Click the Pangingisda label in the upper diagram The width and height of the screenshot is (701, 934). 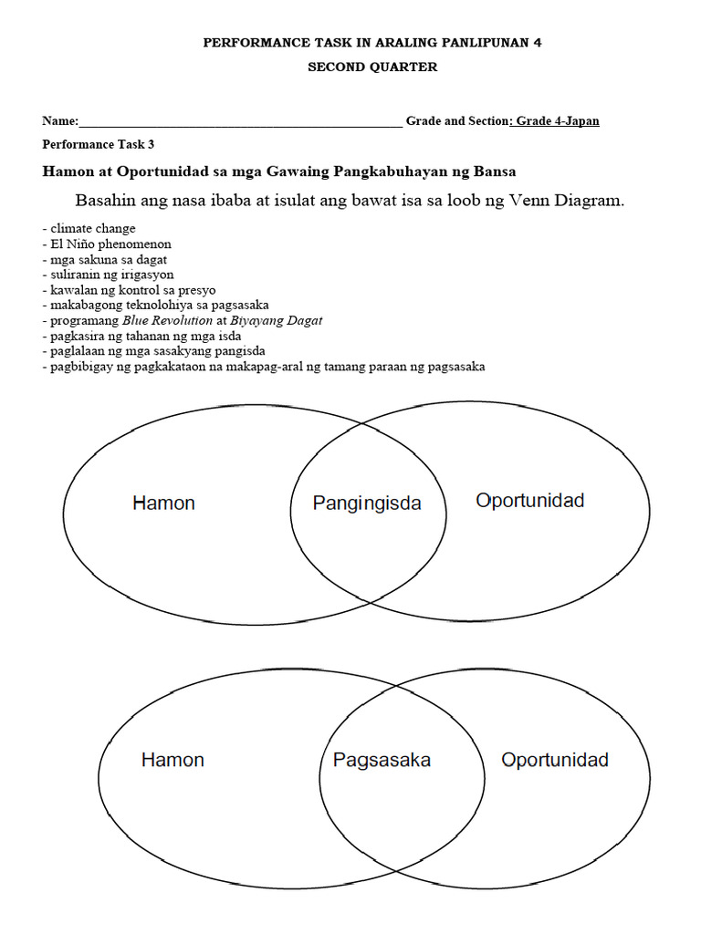[367, 503]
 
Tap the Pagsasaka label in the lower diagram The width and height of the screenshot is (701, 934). [382, 760]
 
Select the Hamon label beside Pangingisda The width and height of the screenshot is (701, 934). [163, 503]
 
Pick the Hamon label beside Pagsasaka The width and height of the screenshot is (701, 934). [173, 760]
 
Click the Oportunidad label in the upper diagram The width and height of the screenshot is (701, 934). [530, 500]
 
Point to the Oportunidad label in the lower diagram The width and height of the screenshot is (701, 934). [555, 760]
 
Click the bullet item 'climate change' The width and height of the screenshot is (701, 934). [92, 229]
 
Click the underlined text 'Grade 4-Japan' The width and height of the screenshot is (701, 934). [557, 120]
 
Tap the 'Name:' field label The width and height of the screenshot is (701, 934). [60, 121]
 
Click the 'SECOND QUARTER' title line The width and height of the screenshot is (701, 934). [371, 67]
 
